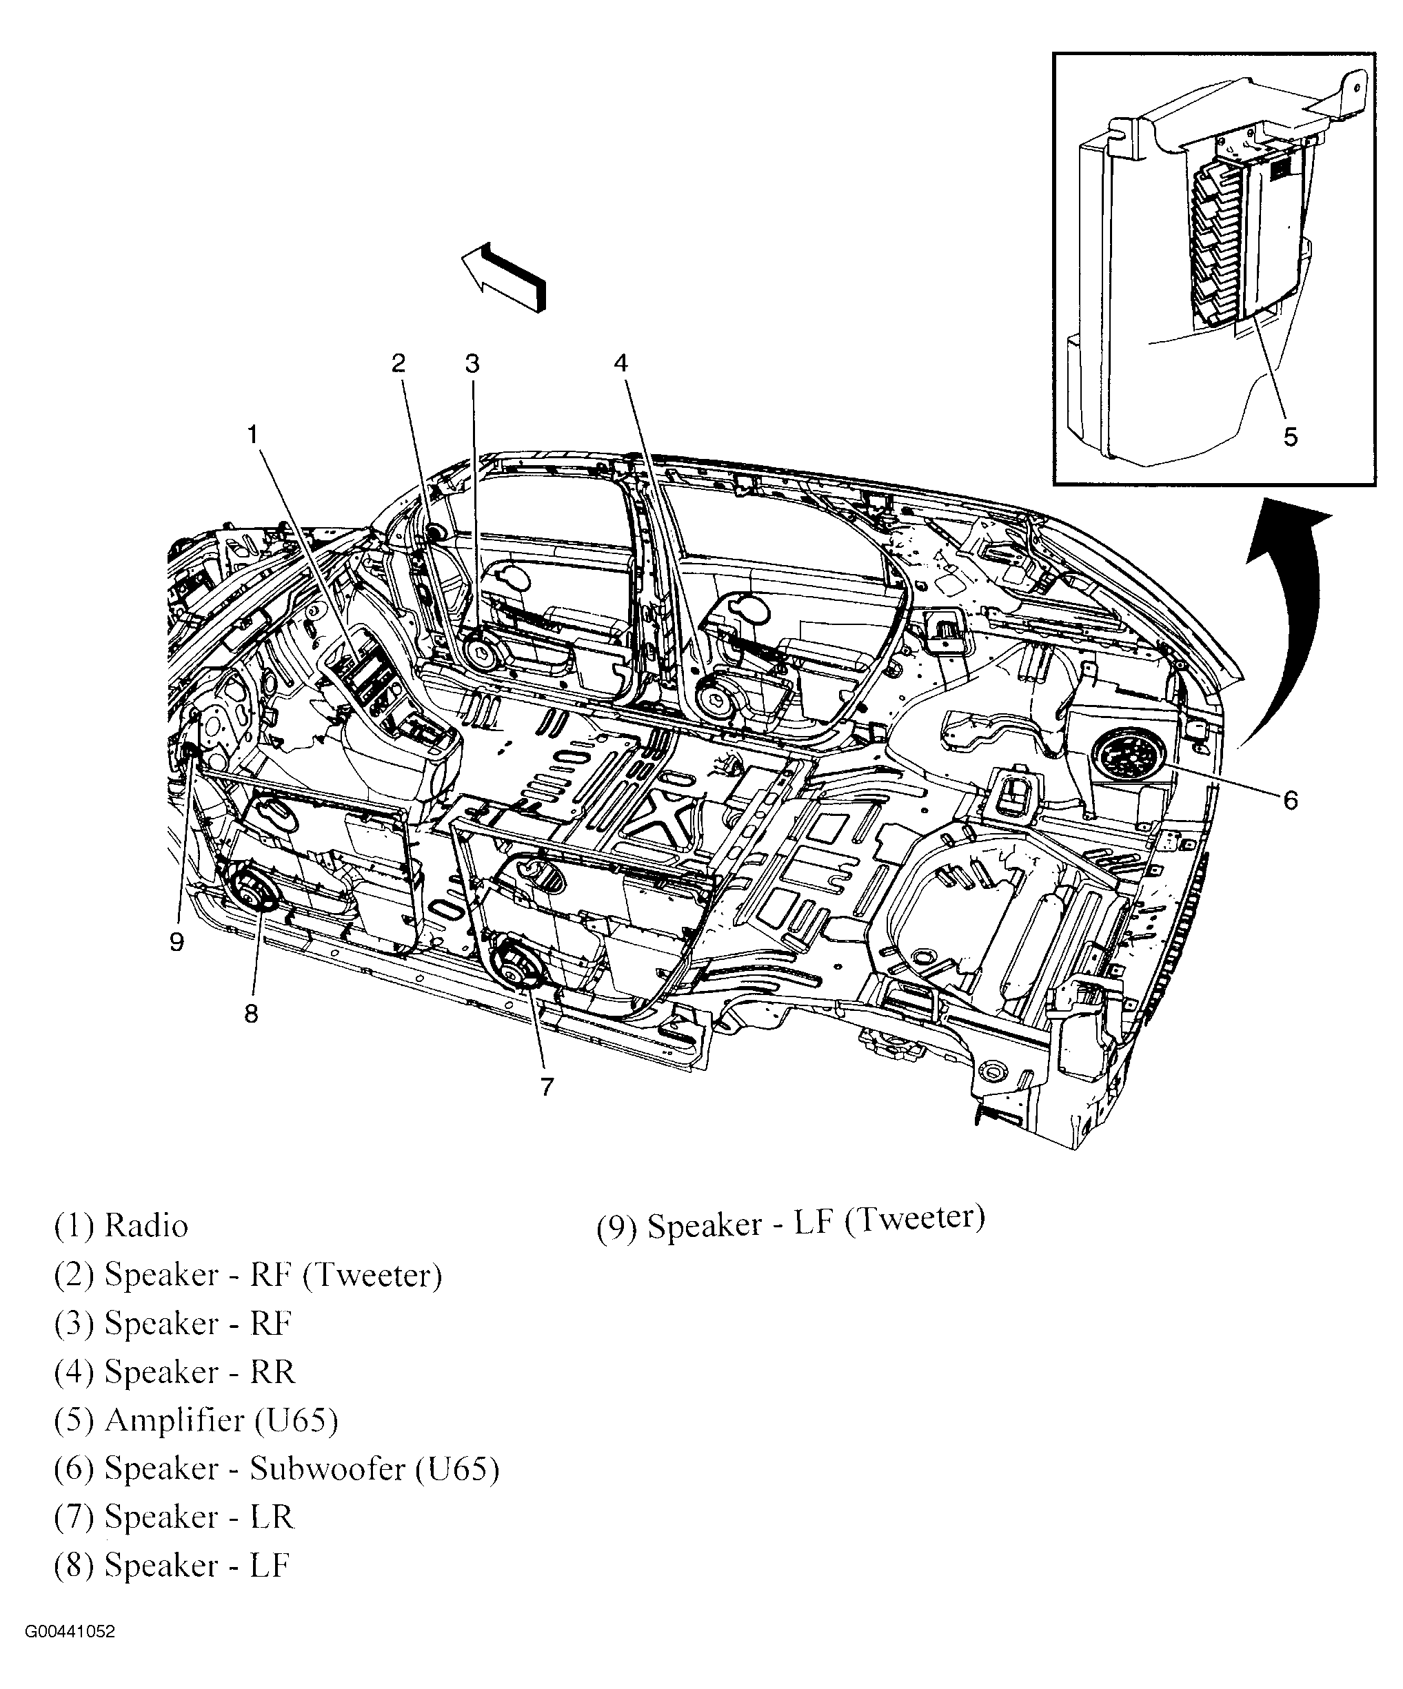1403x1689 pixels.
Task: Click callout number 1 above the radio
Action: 252,435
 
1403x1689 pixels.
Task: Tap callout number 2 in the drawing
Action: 398,364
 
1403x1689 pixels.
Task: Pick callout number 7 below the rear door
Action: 547,1087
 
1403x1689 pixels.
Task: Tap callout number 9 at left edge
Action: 177,941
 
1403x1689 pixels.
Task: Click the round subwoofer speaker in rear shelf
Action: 1127,755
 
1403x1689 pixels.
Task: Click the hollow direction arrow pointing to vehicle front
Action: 503,276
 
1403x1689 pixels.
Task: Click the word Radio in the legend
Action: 146,1227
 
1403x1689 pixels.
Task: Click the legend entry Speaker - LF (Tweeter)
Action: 790,1223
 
